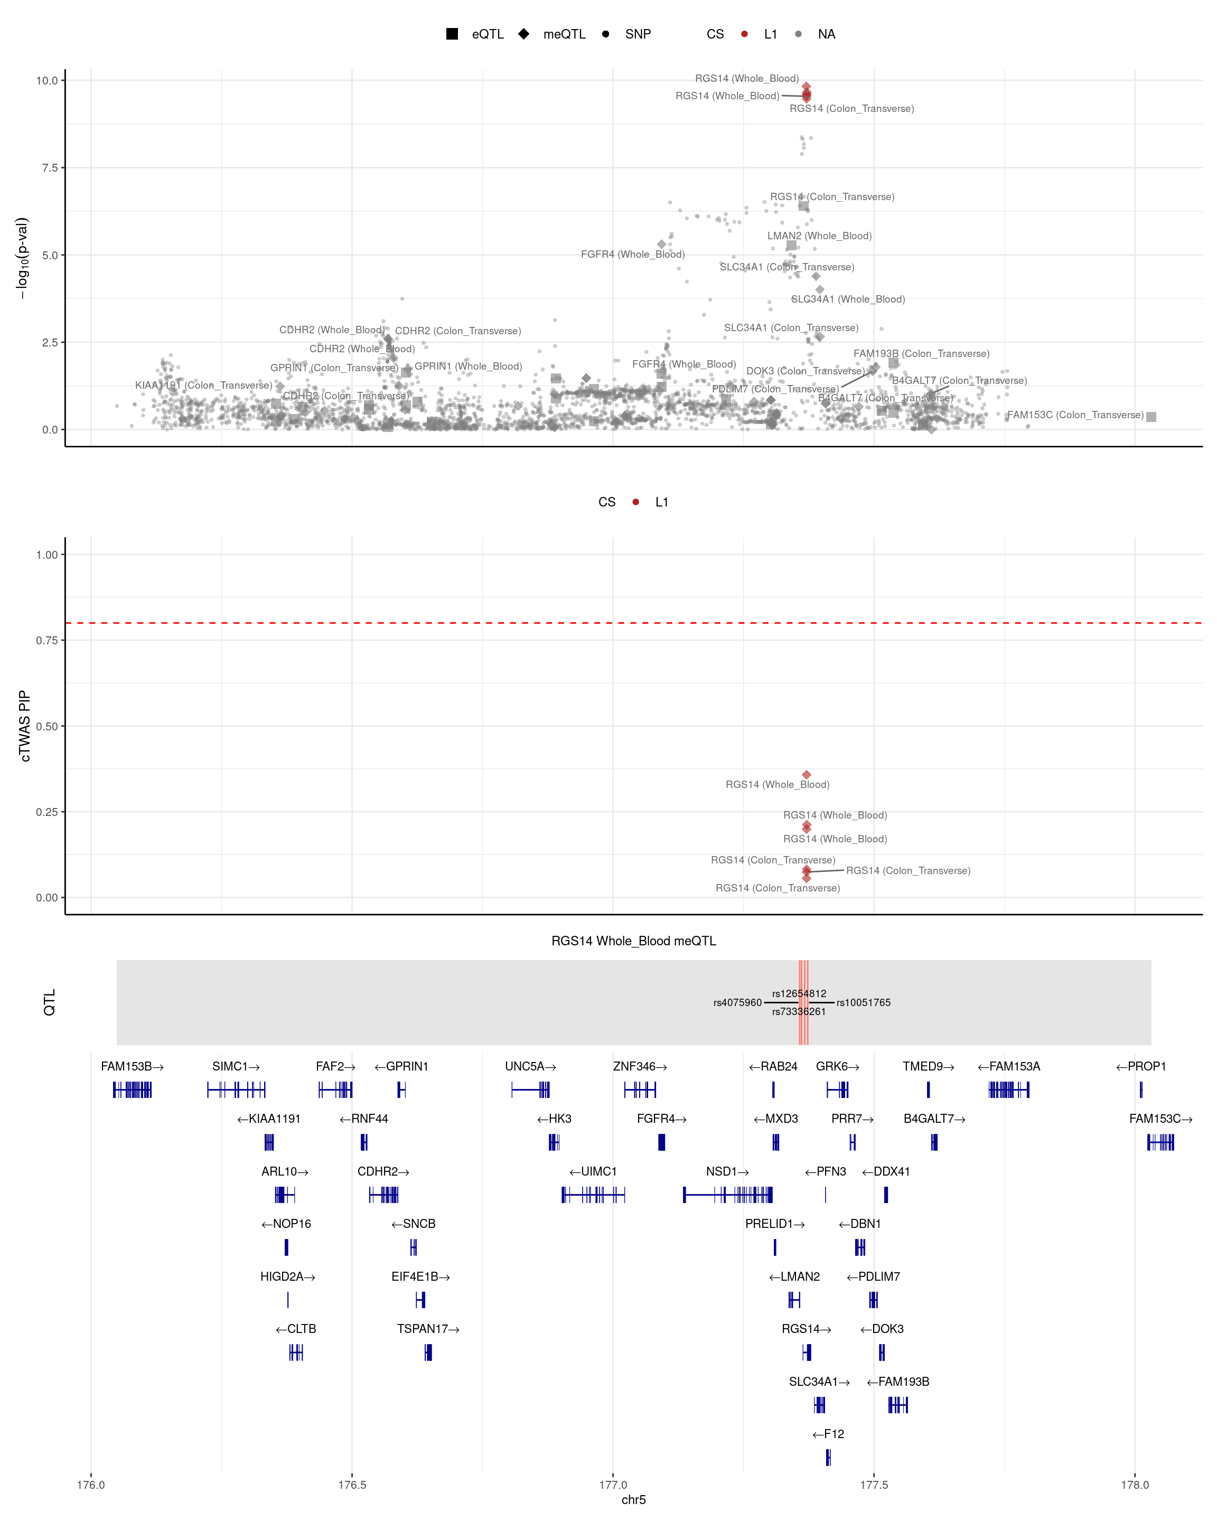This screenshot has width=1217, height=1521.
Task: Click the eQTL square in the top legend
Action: click(x=452, y=34)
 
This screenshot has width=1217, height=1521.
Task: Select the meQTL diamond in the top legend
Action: click(x=523, y=34)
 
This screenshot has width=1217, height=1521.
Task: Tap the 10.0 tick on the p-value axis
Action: click(x=47, y=80)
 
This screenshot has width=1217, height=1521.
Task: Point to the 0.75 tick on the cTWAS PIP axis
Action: click(x=47, y=641)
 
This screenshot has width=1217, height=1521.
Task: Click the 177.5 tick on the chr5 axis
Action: click(x=874, y=1485)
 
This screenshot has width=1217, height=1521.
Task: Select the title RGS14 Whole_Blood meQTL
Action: click(x=633, y=941)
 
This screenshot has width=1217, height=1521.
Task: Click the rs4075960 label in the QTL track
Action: click(x=737, y=1002)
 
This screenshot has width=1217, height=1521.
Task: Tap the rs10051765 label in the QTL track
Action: click(x=864, y=1002)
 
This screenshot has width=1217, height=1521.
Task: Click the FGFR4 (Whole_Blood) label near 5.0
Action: click(x=632, y=254)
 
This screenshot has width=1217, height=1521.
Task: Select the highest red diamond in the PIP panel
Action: click(x=807, y=775)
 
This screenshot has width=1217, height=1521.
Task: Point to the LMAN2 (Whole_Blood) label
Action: click(x=819, y=236)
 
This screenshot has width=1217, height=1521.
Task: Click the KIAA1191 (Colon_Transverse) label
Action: click(x=203, y=385)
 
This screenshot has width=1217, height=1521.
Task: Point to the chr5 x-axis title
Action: click(x=633, y=1499)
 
